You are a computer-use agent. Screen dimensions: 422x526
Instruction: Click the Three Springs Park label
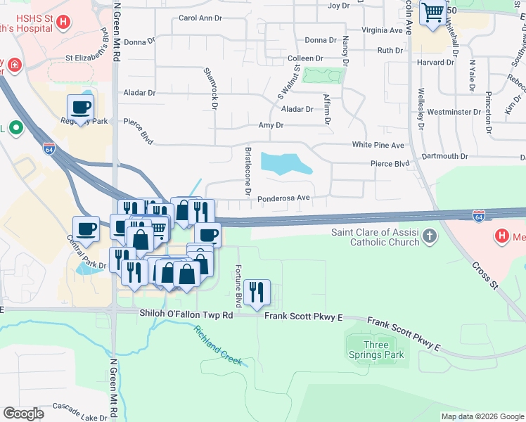click(376, 350)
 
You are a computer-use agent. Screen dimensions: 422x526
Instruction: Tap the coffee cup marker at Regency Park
click(80, 108)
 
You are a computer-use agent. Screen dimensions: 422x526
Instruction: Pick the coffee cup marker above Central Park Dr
click(86, 229)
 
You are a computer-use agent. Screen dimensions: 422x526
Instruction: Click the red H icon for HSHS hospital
click(63, 22)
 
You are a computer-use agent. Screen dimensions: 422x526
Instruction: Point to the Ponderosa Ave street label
click(283, 198)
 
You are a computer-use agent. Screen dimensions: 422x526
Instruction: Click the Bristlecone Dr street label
click(248, 172)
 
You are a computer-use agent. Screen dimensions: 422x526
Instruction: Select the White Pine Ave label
click(378, 145)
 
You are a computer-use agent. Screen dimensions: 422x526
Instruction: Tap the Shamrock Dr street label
click(209, 88)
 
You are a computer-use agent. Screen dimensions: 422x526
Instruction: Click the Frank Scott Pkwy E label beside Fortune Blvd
click(303, 316)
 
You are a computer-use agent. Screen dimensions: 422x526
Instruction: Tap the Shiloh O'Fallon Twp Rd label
click(186, 315)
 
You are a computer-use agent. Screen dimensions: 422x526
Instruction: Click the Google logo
click(23, 413)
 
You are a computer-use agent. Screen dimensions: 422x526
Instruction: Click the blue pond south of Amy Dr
click(286, 163)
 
